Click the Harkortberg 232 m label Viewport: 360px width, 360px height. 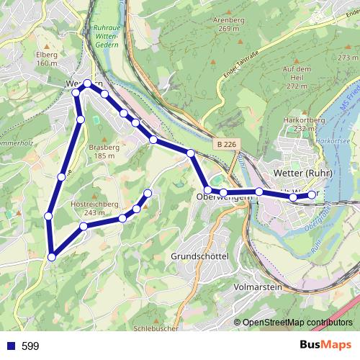click(300, 123)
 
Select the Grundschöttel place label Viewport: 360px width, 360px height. click(200, 256)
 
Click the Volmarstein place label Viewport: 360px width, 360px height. click(258, 286)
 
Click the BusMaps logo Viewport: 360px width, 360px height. click(326, 346)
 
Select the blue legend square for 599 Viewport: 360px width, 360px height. click(9, 346)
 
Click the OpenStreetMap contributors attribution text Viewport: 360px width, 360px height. click(298, 322)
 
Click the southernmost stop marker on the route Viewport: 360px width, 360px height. click(52, 256)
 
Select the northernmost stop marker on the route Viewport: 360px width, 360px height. click(88, 84)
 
